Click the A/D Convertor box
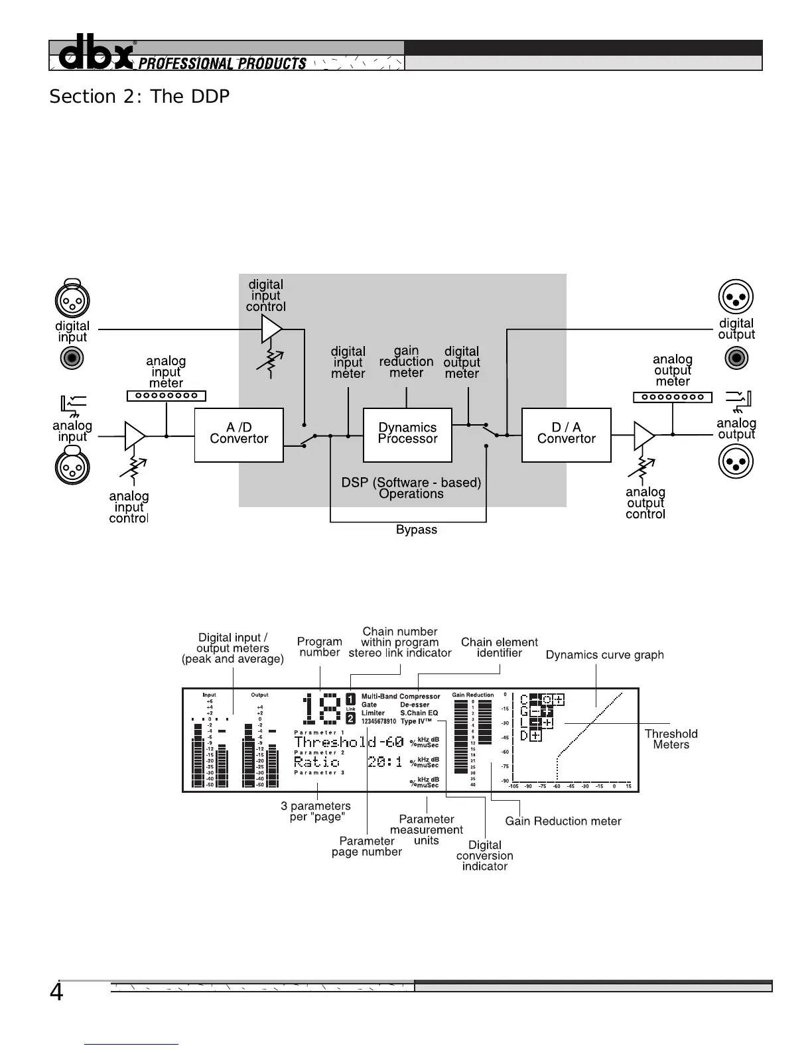239,434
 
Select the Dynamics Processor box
407,434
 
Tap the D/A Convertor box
566,434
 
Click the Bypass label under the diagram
417,530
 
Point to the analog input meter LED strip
167,396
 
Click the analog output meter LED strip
672,397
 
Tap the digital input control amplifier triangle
271,329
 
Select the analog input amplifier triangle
134,436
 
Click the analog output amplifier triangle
643,435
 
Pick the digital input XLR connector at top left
72,300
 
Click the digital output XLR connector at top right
736,296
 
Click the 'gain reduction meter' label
406,361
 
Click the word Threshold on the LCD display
330,742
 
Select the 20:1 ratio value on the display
385,762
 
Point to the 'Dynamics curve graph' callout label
604,655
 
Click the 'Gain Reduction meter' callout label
563,821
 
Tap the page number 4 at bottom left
57,992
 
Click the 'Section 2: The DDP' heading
139,97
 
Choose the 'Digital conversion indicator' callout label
484,855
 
